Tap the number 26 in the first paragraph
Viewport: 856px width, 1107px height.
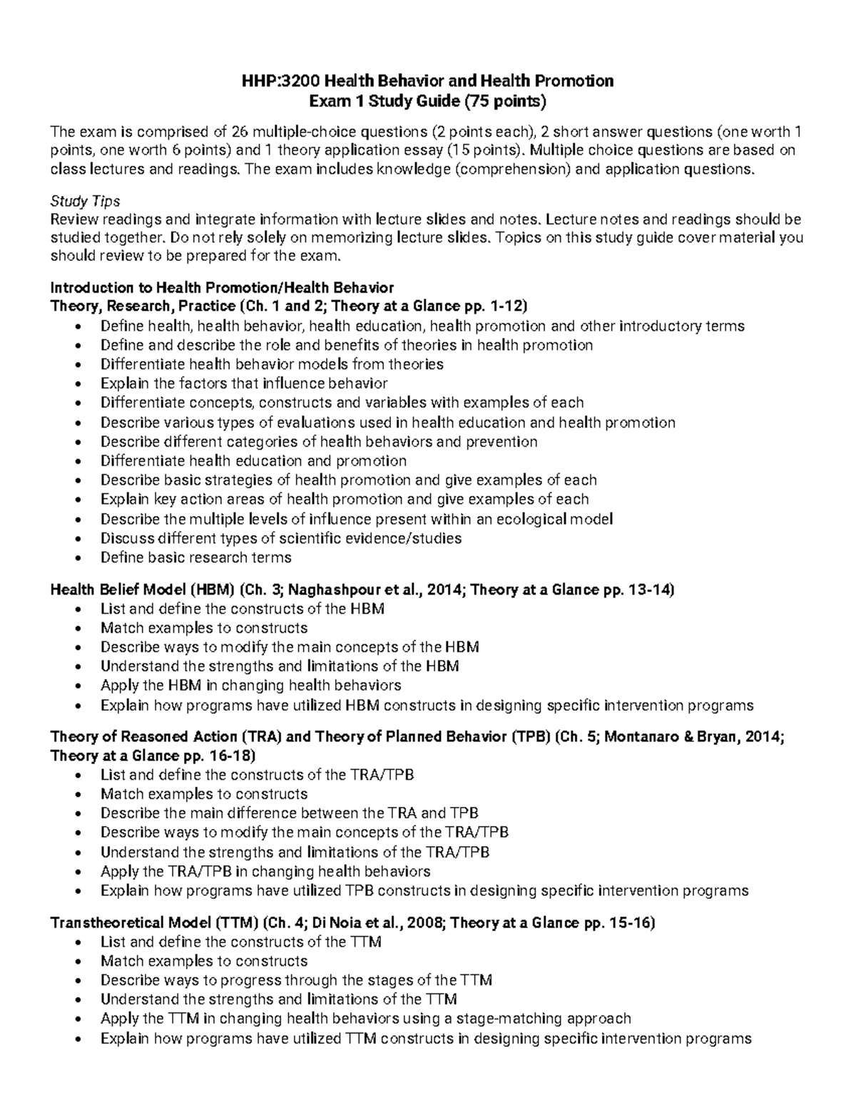coord(240,131)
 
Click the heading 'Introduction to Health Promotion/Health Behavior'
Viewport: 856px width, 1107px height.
coord(222,287)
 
